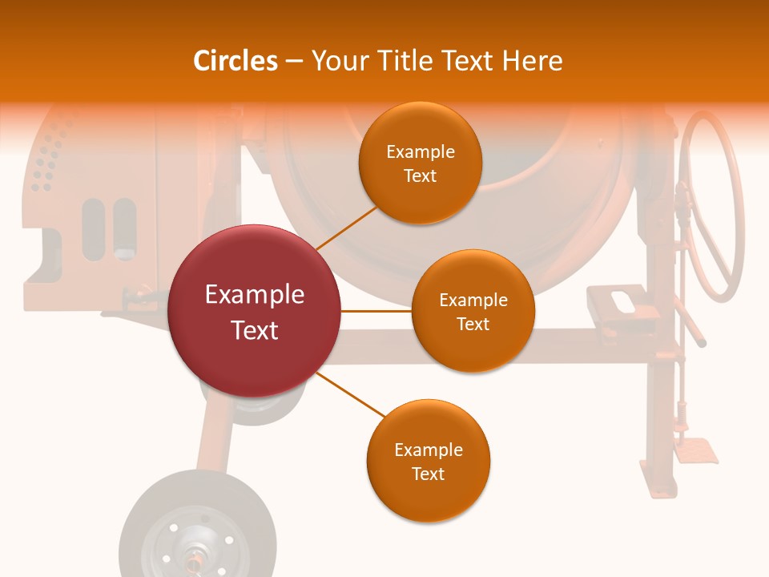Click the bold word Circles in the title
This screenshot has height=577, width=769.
tap(236, 61)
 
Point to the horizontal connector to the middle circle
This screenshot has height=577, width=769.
tap(376, 311)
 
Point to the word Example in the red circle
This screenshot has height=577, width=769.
tap(255, 295)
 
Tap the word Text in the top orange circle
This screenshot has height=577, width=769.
tap(421, 176)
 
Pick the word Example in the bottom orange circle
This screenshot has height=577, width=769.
tap(429, 450)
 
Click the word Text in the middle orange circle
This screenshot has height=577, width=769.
tap(473, 324)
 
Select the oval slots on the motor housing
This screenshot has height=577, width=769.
tap(109, 228)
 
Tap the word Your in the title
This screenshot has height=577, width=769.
tap(340, 61)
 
